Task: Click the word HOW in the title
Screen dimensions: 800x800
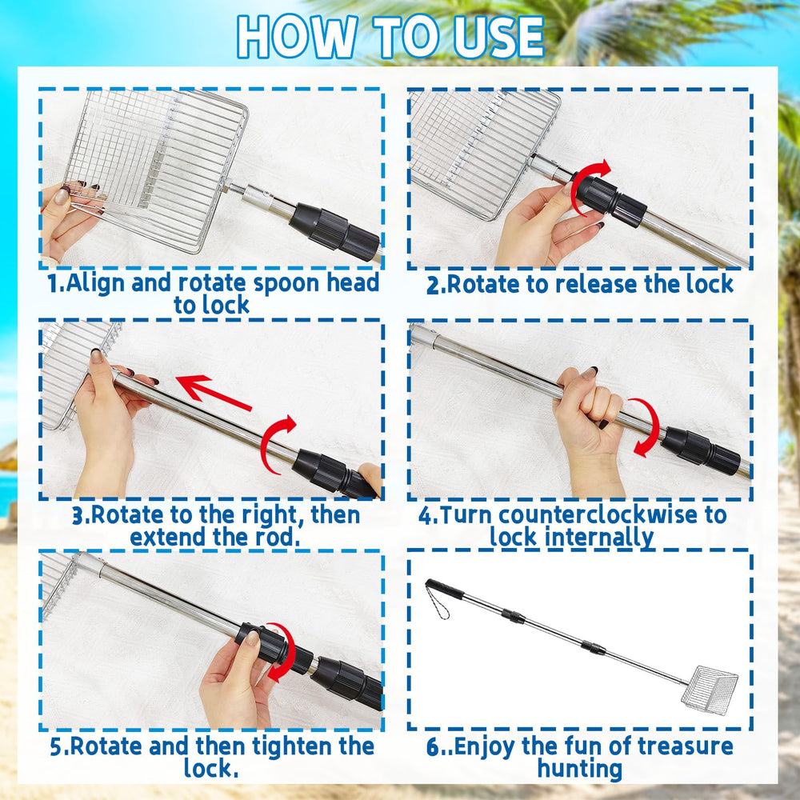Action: click(x=297, y=37)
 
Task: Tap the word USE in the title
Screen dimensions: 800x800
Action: click(x=498, y=37)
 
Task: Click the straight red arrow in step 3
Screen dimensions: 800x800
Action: click(x=214, y=392)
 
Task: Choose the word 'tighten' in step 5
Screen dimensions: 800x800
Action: click(x=292, y=747)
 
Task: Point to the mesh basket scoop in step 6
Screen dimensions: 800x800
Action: click(x=709, y=690)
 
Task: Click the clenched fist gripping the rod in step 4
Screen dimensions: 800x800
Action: click(x=590, y=403)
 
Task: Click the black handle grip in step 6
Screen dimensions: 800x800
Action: click(x=444, y=589)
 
